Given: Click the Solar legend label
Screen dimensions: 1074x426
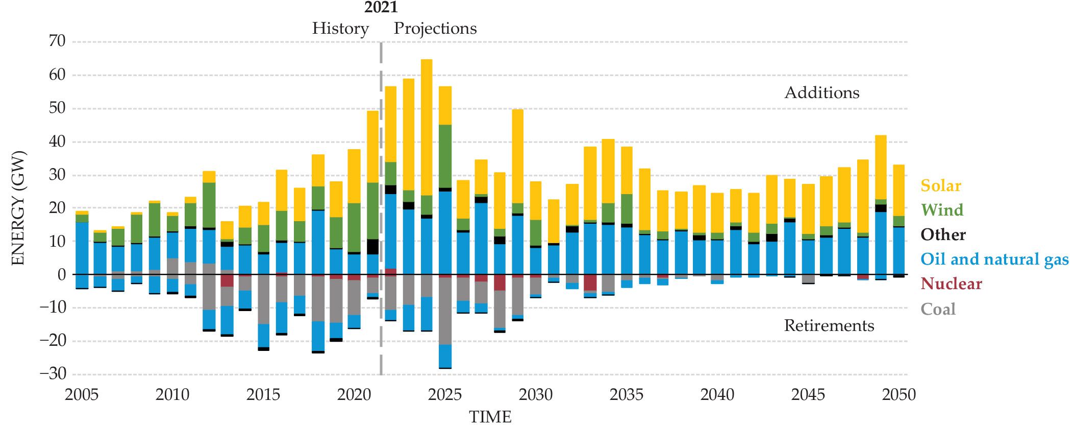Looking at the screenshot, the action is point(940,185).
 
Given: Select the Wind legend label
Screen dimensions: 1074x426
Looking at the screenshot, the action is point(942,210).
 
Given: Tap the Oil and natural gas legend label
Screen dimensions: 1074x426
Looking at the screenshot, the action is point(994,259).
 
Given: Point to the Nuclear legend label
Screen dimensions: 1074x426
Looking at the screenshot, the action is point(951,283).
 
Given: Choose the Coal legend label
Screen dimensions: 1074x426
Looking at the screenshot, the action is point(938,309).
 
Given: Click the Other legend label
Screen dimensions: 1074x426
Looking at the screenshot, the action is point(943,234).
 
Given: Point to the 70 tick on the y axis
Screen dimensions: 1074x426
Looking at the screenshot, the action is point(57,41).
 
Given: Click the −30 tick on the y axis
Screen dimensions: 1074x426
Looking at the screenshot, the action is point(53,373).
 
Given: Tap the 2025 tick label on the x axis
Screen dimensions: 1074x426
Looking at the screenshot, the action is point(444,395).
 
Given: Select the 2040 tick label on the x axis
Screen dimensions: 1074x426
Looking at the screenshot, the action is point(717,395).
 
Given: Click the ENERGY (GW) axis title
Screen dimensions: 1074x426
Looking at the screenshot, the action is point(18,208).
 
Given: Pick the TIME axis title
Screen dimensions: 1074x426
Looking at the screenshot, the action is point(490,417).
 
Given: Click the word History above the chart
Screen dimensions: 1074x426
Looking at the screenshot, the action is point(340,29).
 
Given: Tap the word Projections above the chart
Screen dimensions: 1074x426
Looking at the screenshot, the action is point(435,29).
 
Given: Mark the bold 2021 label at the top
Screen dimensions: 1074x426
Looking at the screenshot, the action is point(381,7).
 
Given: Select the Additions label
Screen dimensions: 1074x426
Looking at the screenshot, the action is point(821,92).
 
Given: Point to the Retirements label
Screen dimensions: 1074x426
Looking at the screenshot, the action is point(829,326).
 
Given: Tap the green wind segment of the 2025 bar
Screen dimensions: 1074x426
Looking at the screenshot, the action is point(445,156).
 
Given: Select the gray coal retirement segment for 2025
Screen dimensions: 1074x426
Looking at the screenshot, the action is point(445,311).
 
